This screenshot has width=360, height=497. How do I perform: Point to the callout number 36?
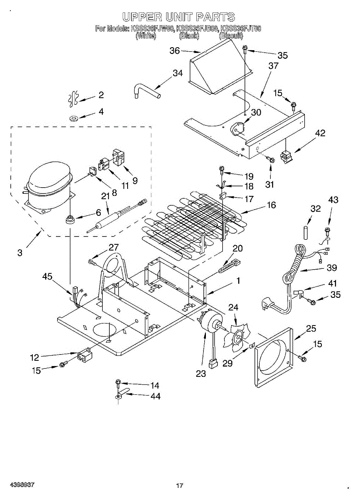tap(175, 51)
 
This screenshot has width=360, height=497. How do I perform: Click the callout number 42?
tap(320, 133)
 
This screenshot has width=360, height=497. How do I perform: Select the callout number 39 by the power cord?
tap(331, 268)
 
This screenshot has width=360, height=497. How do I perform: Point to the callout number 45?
tap(47, 277)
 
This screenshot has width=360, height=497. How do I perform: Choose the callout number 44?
tap(155, 396)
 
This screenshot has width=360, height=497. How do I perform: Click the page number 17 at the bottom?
tap(179, 485)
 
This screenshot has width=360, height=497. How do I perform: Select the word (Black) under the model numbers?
tap(189, 36)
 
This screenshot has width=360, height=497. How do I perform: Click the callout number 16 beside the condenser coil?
tap(271, 205)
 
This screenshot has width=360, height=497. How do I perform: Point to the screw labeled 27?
tap(92, 261)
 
